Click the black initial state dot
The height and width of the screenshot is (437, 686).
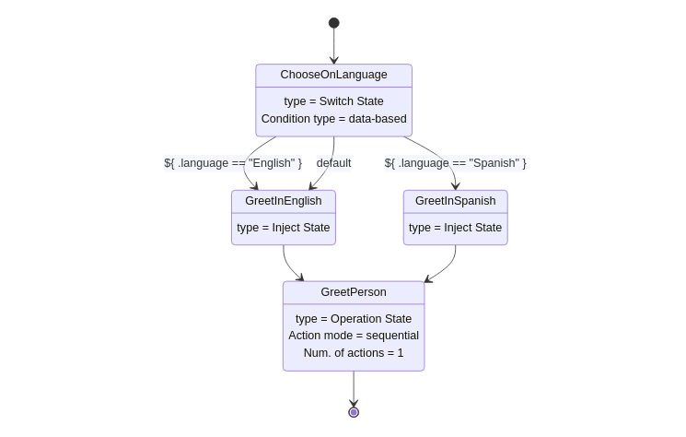coord(333,23)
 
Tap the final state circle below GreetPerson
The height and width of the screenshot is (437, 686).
coord(354,412)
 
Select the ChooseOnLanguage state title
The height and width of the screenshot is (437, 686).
coord(333,75)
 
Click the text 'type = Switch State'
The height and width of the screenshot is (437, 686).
coord(333,101)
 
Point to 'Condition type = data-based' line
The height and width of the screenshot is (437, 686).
coord(333,119)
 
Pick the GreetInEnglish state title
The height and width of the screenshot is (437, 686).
coord(283,201)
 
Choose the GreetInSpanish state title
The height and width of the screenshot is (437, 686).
coord(455,201)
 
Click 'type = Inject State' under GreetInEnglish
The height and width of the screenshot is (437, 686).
coord(283,228)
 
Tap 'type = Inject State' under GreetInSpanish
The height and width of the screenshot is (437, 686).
coord(455,228)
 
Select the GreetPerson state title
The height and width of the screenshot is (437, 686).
coord(354,292)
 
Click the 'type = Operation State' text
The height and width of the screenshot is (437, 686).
coord(354,319)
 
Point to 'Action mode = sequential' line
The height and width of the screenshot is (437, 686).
coord(354,336)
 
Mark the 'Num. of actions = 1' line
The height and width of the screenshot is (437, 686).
coord(354,353)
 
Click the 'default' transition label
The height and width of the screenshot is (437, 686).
coord(333,163)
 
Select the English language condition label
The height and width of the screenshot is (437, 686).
coord(233,163)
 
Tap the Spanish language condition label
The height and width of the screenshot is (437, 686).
coord(455,163)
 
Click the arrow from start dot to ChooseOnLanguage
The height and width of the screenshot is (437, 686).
coord(333,46)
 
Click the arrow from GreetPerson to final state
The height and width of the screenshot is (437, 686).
coord(354,388)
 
